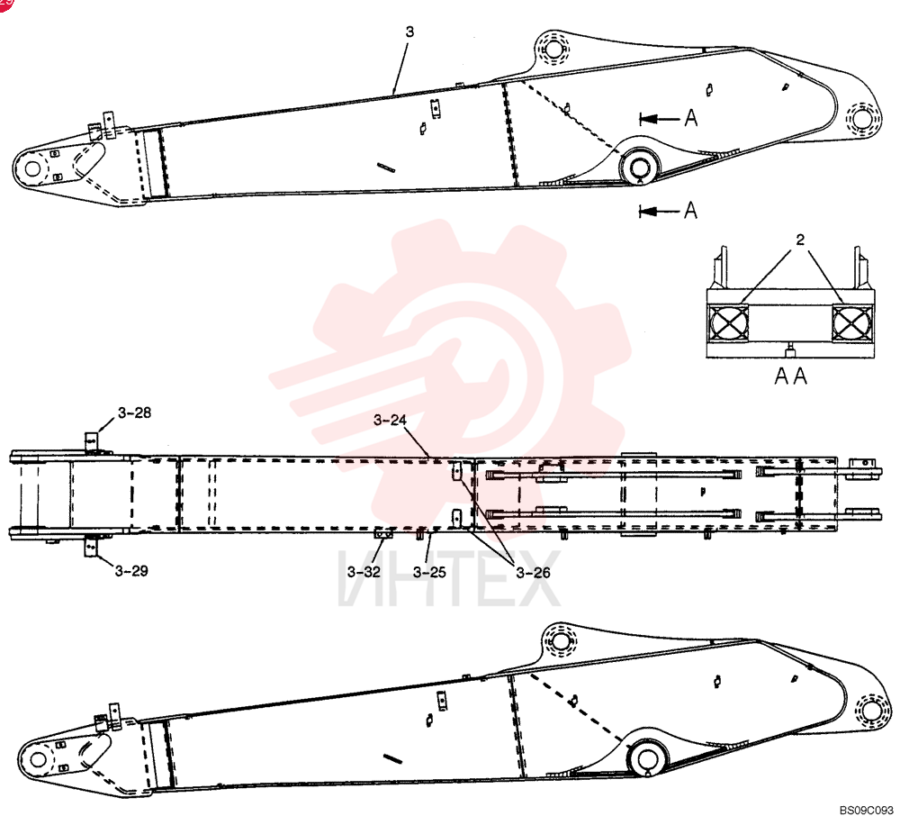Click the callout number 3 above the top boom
(x=409, y=32)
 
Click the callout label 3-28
(x=135, y=413)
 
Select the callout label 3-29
(x=131, y=571)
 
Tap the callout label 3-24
(x=390, y=421)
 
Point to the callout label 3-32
(x=364, y=572)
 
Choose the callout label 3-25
(x=429, y=572)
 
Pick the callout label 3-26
(x=533, y=573)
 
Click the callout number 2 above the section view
(x=800, y=240)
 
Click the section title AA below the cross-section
(x=791, y=376)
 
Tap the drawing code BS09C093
(x=867, y=811)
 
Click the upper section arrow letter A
(x=691, y=118)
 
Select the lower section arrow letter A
(x=691, y=210)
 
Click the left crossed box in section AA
(x=729, y=322)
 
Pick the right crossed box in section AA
(x=852, y=322)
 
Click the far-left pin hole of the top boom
(x=32, y=168)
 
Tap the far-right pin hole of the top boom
(x=861, y=119)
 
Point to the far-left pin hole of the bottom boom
(x=38, y=759)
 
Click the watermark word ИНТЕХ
(x=449, y=578)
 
